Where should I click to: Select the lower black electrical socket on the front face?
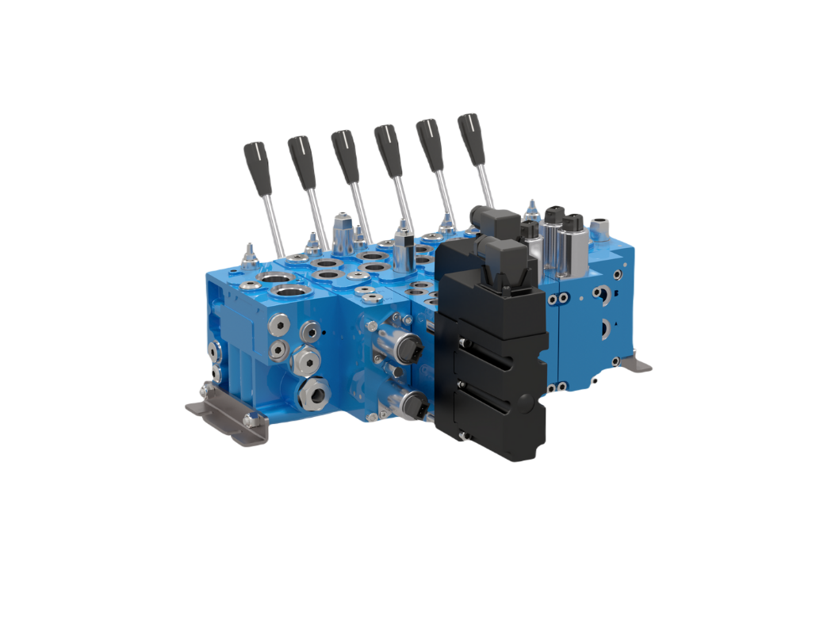click(415, 407)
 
